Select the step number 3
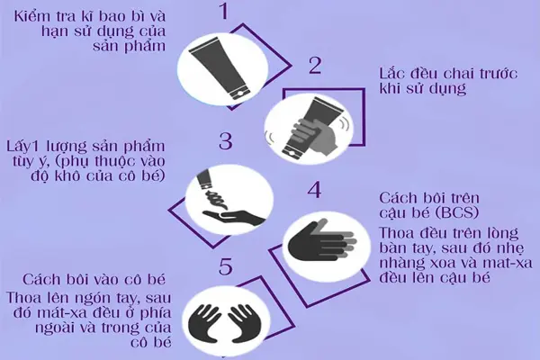pyautogui.click(x=225, y=141)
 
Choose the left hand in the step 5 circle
pyautogui.click(x=203, y=321)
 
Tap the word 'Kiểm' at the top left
pyautogui.click(x=39, y=15)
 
